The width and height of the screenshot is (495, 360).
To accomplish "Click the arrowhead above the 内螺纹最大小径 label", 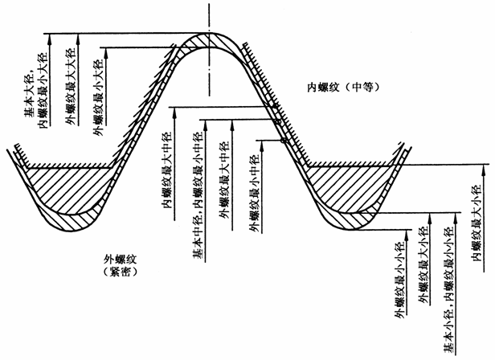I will (x=486, y=167).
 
